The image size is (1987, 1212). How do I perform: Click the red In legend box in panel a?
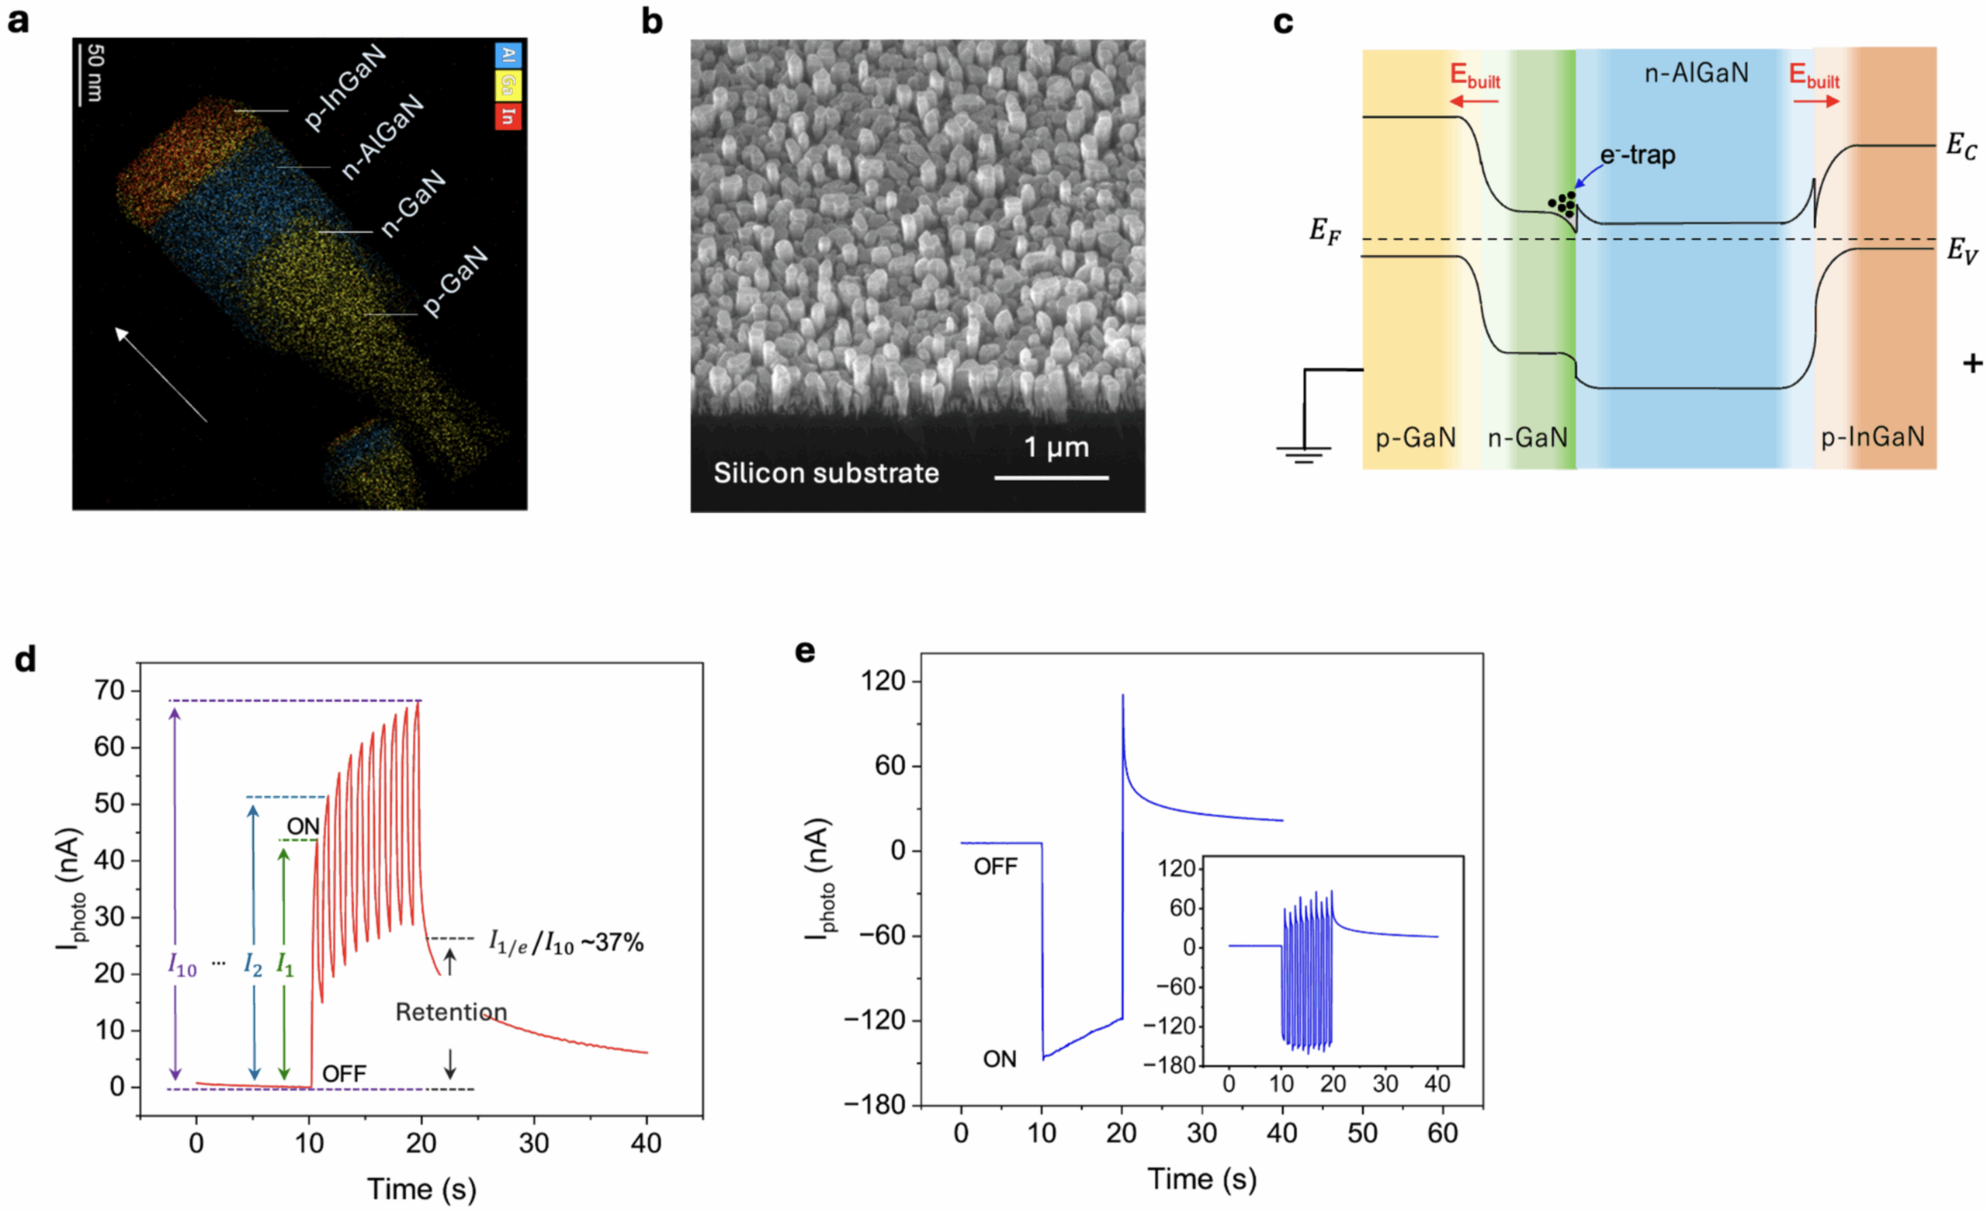[508, 116]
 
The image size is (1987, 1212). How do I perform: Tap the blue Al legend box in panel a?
[508, 55]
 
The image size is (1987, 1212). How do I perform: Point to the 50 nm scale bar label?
[95, 73]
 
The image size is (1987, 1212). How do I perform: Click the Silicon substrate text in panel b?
[827, 473]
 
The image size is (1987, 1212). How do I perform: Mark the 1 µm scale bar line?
[1052, 478]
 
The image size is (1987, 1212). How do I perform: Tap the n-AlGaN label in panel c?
[1697, 74]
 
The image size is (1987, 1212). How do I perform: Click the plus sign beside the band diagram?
[1972, 364]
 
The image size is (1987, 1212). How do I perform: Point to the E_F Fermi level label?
[1325, 231]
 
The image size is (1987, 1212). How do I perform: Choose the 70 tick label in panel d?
[109, 691]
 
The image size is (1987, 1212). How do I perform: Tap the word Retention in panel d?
[452, 1012]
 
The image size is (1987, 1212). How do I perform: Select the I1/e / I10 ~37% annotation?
[566, 942]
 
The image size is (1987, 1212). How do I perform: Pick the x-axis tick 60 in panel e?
[1443, 1133]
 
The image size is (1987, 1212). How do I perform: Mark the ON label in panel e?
[999, 1059]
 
